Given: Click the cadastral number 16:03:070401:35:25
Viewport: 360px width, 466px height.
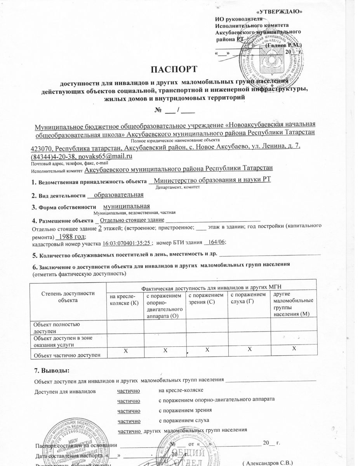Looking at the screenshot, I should (x=126, y=243).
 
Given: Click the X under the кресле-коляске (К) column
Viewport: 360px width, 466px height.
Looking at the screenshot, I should (x=125, y=351).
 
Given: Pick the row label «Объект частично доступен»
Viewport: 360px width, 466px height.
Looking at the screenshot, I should (x=68, y=354).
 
